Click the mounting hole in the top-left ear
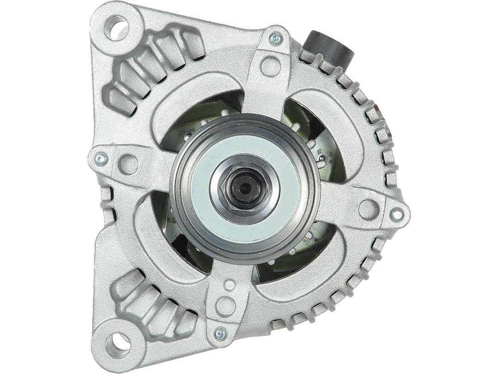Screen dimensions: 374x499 click(116, 28)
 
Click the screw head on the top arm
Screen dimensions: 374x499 click(276, 39)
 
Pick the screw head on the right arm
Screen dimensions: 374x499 click(396, 214)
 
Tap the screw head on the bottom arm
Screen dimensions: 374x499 click(221, 334)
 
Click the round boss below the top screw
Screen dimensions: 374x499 click(270, 66)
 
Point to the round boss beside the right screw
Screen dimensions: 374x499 click(368, 209)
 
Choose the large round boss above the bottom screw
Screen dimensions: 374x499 click(225, 306)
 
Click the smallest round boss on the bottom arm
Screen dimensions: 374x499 click(229, 285)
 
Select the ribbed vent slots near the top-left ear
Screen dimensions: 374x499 click(152, 65)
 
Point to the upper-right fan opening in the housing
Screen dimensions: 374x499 click(314, 134)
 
